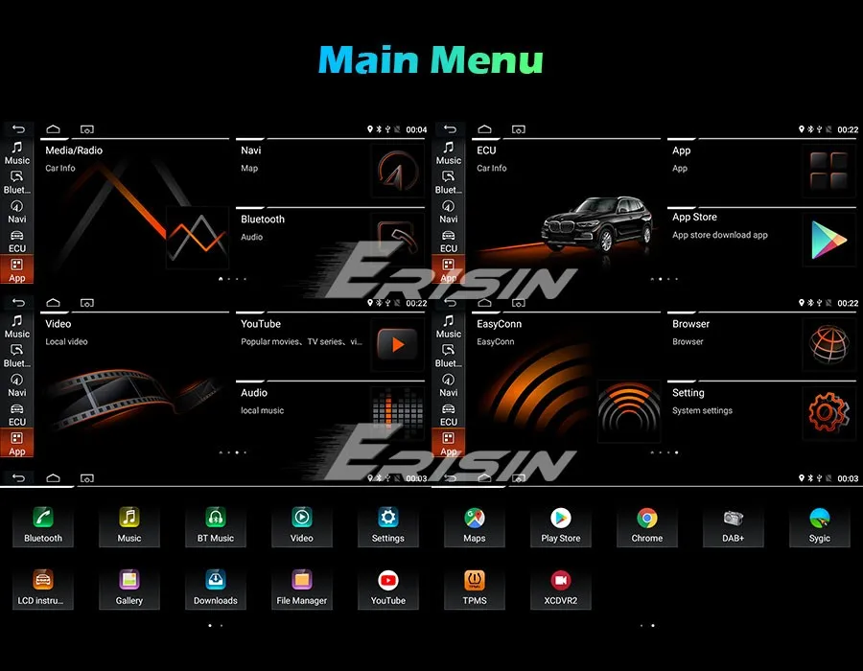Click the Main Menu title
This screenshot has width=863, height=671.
[431, 59]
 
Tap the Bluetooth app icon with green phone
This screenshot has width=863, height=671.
[43, 518]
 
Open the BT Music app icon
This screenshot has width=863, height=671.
[216, 518]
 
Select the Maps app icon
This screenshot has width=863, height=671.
[475, 518]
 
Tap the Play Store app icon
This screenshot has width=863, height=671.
[561, 518]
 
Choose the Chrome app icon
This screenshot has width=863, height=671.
[647, 518]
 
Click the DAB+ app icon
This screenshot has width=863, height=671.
[734, 518]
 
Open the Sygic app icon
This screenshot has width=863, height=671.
[820, 518]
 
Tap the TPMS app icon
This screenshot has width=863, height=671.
[475, 580]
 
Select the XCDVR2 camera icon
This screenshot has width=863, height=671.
[561, 580]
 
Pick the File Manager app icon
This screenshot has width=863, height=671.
[302, 580]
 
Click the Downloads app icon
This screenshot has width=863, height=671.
[216, 580]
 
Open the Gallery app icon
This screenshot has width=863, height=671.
[129, 580]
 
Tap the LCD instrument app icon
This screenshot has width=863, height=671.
[43, 580]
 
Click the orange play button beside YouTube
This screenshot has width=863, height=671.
[397, 344]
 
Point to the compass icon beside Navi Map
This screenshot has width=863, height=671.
[397, 171]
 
